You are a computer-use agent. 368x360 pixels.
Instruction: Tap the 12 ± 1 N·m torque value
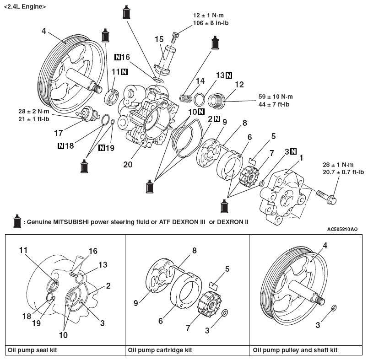(x=208, y=15)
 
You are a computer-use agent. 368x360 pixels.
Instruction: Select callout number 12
(x=238, y=85)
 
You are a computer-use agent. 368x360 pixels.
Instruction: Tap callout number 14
(x=199, y=81)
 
